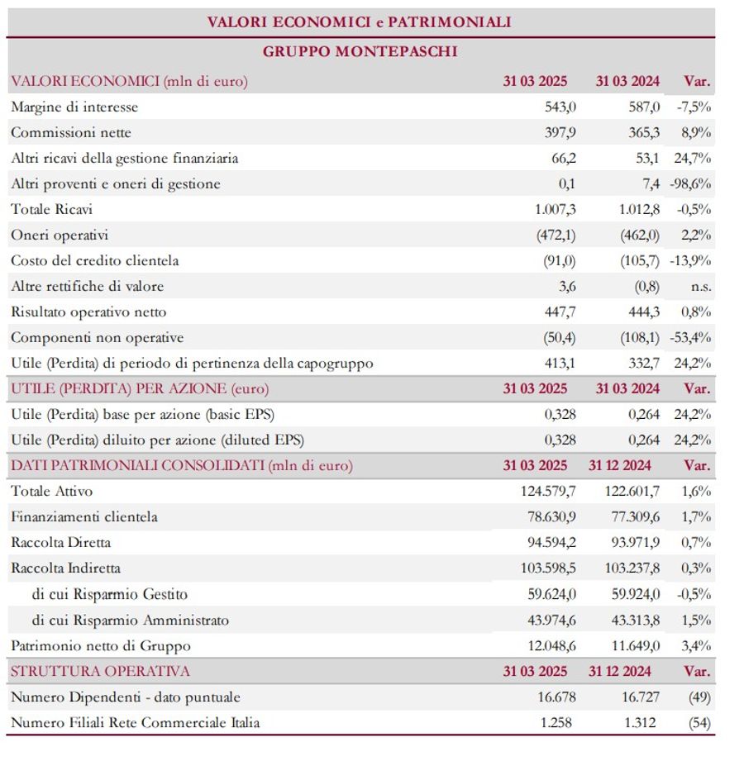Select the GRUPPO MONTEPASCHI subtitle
point(360,52)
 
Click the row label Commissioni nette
point(71,133)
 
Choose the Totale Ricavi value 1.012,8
point(639,210)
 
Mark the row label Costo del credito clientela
point(95,261)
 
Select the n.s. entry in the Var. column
point(700,287)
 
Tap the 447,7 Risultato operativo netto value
point(560,312)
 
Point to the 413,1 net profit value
point(560,364)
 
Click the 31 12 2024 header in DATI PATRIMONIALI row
point(620,466)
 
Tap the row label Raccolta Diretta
point(61,543)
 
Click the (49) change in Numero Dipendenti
point(699,697)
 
